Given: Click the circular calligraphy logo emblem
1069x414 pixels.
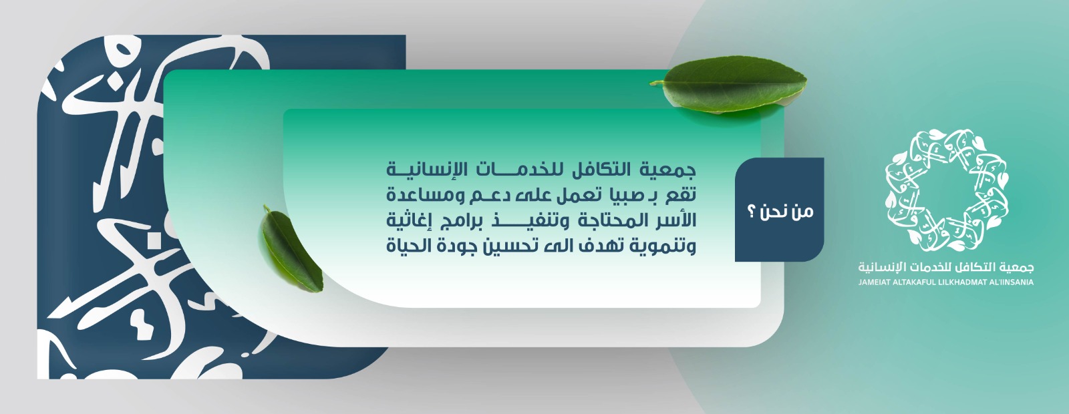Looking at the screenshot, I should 946,188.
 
